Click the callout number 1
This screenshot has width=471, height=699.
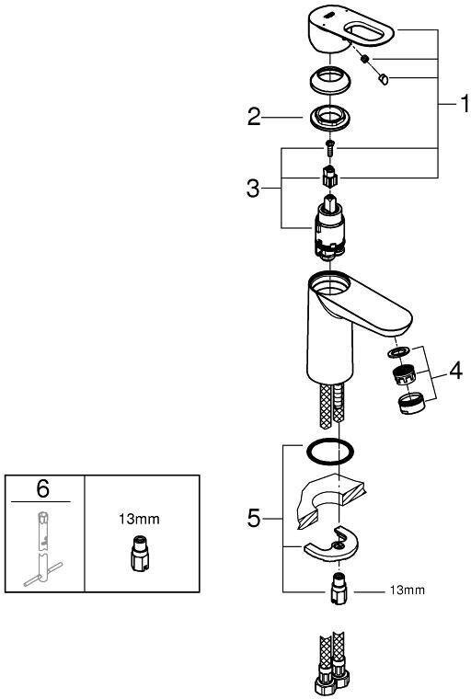465,103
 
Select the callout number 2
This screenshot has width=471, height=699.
254,117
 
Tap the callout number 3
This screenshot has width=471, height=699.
253,189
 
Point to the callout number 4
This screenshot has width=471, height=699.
455,371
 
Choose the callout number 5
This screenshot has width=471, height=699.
253,519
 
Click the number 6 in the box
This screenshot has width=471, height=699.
43,488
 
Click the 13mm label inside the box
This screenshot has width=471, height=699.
139,519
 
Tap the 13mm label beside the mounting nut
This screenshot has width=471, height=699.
408,590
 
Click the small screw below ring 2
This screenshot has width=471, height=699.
329,147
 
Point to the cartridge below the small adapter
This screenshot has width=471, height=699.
329,227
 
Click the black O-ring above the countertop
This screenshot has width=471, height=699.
329,452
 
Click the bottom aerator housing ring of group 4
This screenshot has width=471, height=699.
411,404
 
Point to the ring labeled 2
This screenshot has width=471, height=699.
329,120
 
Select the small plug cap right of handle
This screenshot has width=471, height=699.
383,79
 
